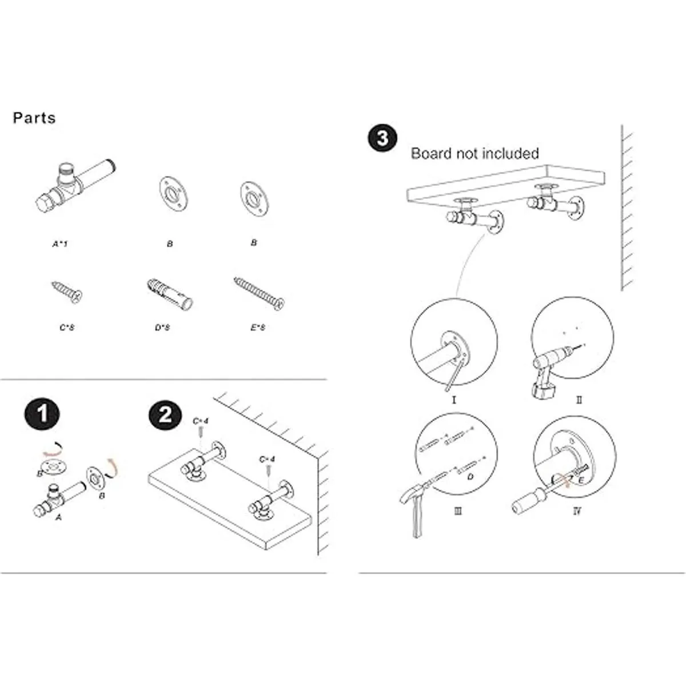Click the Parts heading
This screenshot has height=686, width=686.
pyautogui.click(x=34, y=118)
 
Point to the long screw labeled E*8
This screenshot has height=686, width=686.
pyautogui.click(x=259, y=293)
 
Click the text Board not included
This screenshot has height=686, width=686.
pyautogui.click(x=474, y=153)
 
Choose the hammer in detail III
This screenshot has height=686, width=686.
pyautogui.click(x=420, y=503)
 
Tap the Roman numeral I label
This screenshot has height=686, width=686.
pyautogui.click(x=454, y=399)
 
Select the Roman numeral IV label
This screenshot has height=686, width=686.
pyautogui.click(x=576, y=510)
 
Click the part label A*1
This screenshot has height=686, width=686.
pyautogui.click(x=60, y=244)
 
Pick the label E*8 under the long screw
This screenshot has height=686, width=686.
pyautogui.click(x=258, y=328)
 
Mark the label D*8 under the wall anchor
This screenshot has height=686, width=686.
pyautogui.click(x=162, y=328)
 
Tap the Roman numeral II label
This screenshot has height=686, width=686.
pyautogui.click(x=579, y=400)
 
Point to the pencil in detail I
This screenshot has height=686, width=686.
pyautogui.click(x=454, y=372)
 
